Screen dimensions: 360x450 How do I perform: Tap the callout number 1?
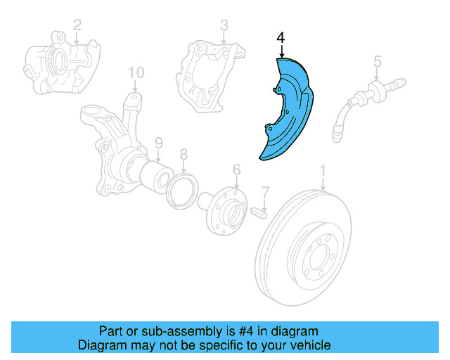323,170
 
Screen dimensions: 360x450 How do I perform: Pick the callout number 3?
224,25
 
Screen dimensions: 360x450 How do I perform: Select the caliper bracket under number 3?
211,74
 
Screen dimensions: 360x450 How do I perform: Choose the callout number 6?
236,169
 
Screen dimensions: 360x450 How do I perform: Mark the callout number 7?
265,191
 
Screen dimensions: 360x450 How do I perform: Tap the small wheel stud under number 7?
259,210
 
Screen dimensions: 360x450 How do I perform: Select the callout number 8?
184,154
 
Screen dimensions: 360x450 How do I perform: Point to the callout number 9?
159,142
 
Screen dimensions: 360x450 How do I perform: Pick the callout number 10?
136,72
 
